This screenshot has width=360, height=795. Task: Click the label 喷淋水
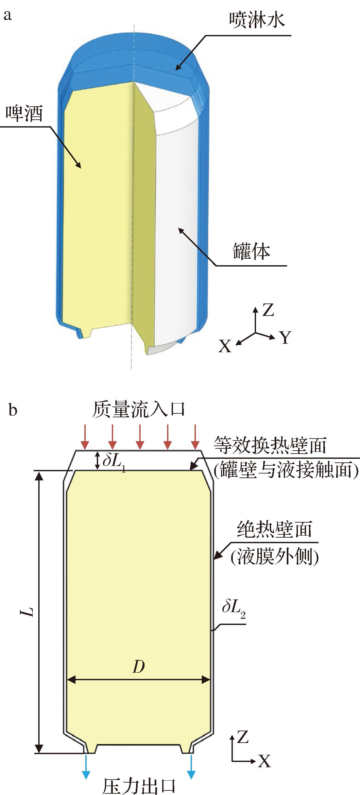tap(257, 20)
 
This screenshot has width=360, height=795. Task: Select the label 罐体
tap(252, 251)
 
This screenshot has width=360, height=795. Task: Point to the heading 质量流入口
tap(138, 409)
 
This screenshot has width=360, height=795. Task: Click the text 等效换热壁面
tap(270, 445)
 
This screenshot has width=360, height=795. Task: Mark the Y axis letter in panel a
tap(285, 337)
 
